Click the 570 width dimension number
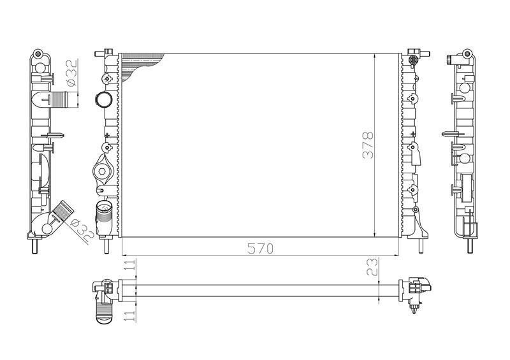[260, 248]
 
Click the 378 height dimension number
[368, 145]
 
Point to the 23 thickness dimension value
[372, 267]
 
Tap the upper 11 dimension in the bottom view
[130, 264]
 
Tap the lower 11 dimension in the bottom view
[130, 315]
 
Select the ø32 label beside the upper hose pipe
[71, 73]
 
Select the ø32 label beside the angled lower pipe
[82, 230]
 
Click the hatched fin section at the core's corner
[140, 66]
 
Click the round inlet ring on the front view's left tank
[103, 99]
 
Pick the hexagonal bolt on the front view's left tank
[102, 171]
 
